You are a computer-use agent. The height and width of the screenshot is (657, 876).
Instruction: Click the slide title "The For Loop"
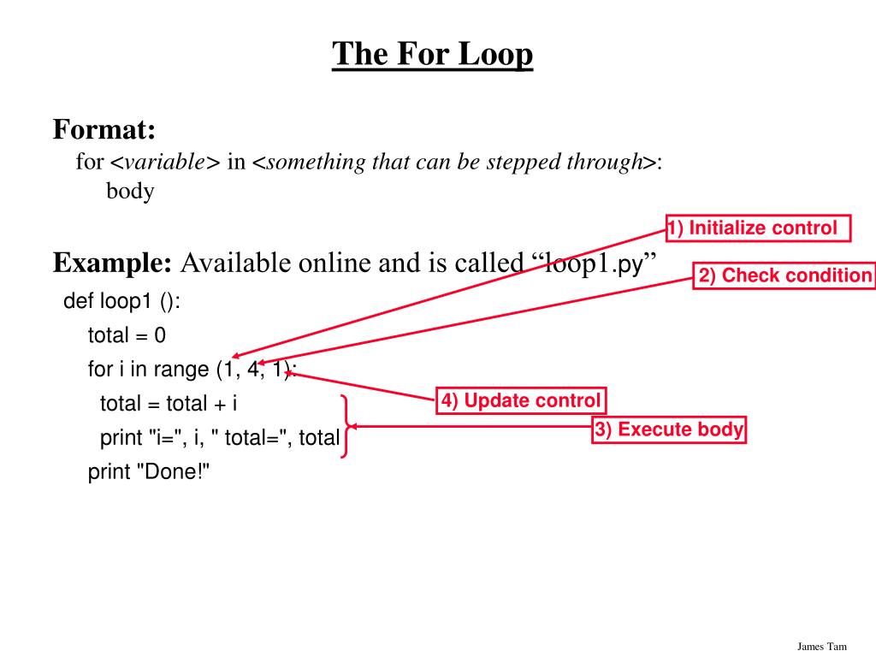coord(433,54)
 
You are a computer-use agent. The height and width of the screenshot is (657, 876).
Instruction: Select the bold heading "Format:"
coord(104,130)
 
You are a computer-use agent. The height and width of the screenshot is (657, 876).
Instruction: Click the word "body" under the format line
coord(130,191)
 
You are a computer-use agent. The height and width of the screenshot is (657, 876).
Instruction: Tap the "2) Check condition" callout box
coord(784,275)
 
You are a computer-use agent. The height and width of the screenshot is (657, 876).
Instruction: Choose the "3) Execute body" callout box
coord(669,429)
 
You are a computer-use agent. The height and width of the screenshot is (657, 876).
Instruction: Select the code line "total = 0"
coord(127,335)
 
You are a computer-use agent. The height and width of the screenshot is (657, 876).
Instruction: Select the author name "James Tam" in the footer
coord(822,646)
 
